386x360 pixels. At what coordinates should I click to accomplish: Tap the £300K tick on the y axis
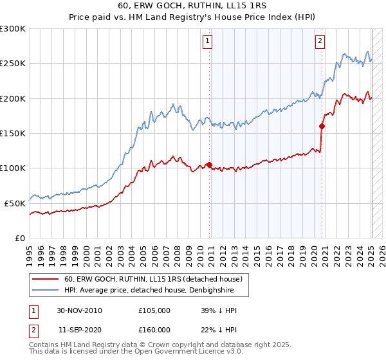click(x=13, y=29)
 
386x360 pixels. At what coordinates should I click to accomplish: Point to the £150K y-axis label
click(x=13, y=133)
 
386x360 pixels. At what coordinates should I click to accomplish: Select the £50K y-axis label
click(x=15, y=203)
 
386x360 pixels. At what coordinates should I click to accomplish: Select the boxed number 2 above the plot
click(x=320, y=41)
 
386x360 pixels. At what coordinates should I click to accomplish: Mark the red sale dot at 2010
click(x=210, y=165)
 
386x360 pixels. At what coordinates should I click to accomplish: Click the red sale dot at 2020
click(x=322, y=126)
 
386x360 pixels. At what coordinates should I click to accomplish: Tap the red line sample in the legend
click(x=46, y=279)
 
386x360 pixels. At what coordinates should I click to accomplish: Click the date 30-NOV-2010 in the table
click(x=80, y=310)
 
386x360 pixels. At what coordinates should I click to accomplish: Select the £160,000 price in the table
click(x=154, y=330)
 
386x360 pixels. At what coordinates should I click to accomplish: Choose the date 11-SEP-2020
click(x=80, y=330)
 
